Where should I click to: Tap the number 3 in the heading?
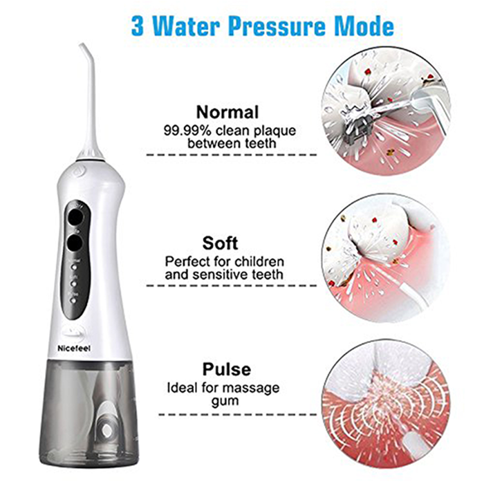click(138, 26)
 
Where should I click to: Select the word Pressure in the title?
click(277, 26)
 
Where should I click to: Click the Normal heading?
click(227, 112)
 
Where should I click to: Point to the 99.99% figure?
click(187, 131)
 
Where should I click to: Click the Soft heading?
click(220, 243)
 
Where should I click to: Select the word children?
click(259, 262)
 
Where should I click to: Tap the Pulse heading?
click(227, 369)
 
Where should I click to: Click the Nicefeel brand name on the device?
click(74, 348)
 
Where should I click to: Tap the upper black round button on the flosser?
click(75, 216)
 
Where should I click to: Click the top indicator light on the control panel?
click(74, 266)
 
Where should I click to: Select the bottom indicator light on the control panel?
click(73, 299)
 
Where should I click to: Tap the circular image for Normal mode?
click(386, 111)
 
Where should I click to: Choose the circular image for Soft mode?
click(386, 258)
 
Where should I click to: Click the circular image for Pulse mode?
click(386, 404)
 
